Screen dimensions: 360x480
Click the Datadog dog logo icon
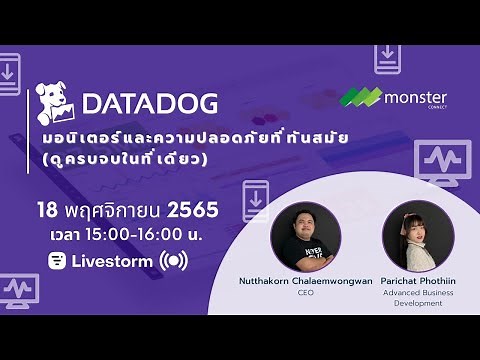pyautogui.click(x=56, y=103)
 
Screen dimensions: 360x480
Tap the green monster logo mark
pyautogui.click(x=361, y=97)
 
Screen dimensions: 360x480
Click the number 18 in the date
pyautogui.click(x=46, y=211)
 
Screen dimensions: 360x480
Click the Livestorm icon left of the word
pyautogui.click(x=57, y=261)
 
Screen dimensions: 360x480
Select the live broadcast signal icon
pyautogui.click(x=173, y=261)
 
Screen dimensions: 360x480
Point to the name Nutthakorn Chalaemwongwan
pyautogui.click(x=306, y=281)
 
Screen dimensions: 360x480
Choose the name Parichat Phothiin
pyautogui.click(x=418, y=281)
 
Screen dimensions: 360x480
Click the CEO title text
pyautogui.click(x=306, y=294)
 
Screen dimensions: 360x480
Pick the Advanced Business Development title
pyautogui.click(x=418, y=299)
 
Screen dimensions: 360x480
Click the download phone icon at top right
pyautogui.click(x=387, y=58)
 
